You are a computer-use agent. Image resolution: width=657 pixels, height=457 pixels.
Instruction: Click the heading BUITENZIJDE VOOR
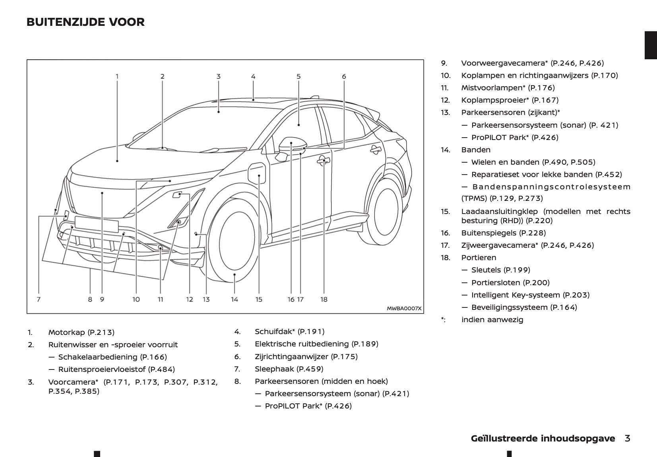click(x=85, y=22)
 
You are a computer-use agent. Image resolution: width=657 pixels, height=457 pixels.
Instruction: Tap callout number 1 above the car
click(x=117, y=76)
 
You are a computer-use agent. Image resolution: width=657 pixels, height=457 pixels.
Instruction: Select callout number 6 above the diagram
click(x=344, y=76)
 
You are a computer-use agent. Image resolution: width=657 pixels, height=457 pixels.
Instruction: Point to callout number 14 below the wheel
click(x=235, y=299)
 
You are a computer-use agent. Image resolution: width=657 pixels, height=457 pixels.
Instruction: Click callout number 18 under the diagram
click(x=324, y=299)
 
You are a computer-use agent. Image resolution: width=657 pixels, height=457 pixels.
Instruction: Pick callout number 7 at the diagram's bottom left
click(x=39, y=299)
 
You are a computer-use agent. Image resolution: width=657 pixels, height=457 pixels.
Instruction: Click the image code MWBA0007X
click(x=404, y=308)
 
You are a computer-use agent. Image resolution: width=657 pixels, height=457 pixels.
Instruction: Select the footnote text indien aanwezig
click(x=492, y=319)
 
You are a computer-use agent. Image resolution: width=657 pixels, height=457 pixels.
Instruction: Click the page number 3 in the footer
click(x=627, y=438)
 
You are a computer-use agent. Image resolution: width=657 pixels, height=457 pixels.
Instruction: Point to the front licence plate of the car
click(x=97, y=224)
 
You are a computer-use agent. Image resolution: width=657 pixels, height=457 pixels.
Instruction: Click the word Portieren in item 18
click(x=479, y=257)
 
